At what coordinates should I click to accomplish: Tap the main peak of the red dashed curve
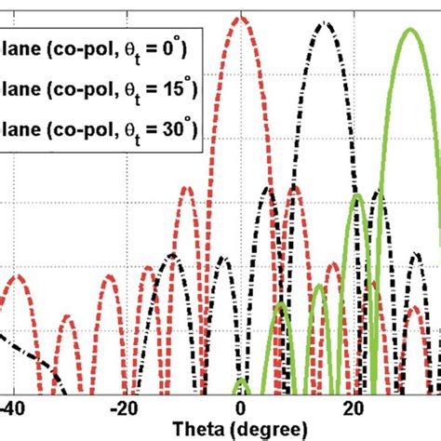[x=241, y=18]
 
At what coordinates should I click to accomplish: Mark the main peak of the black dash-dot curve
[x=325, y=23]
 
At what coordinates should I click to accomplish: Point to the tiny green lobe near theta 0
[x=241, y=381]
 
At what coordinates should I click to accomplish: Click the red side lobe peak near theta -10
[x=186, y=188]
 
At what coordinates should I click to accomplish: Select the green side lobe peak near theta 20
[x=356, y=197]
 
